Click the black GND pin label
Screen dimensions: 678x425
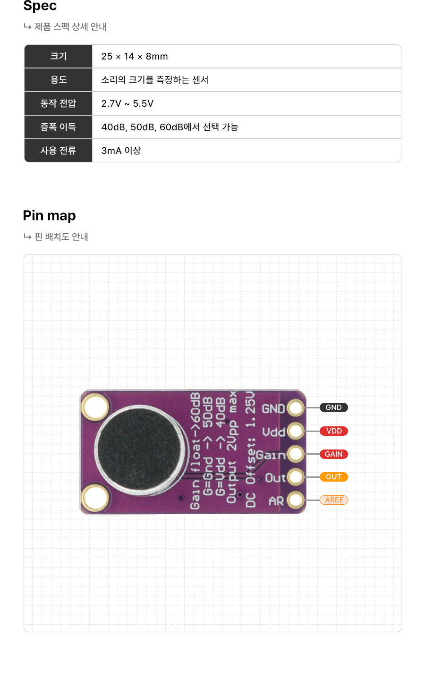[333, 407]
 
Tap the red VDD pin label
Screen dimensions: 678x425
[334, 431]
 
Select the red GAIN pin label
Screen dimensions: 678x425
[333, 454]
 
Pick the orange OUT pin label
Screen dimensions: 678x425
[333, 477]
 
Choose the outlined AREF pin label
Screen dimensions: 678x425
[334, 500]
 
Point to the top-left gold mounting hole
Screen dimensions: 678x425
[95, 407]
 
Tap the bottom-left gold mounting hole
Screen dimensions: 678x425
[95, 498]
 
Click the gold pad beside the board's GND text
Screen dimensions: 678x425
[296, 408]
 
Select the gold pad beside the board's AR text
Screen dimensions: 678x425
[296, 500]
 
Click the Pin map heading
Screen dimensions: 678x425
[50, 216]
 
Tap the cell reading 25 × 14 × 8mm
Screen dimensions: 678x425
[135, 56]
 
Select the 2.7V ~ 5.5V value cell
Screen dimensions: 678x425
[127, 103]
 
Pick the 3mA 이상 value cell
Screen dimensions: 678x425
[121, 151]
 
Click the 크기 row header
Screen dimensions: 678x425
[59, 56]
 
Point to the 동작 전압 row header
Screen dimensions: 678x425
[59, 103]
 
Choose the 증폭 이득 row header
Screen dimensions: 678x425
[59, 127]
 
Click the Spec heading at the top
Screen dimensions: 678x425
[40, 6]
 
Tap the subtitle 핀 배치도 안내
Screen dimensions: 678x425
[61, 237]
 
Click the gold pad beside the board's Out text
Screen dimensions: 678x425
[296, 477]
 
